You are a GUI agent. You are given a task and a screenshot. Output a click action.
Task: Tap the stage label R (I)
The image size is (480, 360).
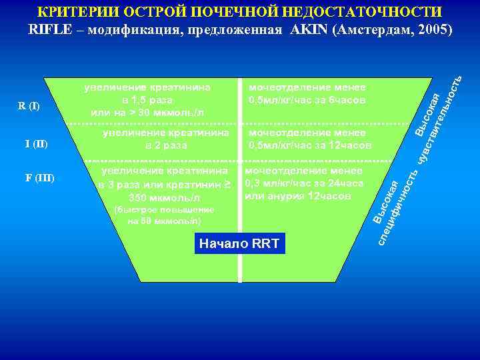[x=29, y=107]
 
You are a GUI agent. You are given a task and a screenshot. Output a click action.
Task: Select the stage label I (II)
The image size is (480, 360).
[x=36, y=144]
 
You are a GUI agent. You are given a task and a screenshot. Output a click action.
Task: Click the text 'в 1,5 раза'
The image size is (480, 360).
[x=147, y=100]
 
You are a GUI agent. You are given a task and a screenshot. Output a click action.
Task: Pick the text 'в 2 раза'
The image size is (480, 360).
[x=166, y=145]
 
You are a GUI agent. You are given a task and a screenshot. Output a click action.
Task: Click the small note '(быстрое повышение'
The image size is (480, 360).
[x=164, y=209]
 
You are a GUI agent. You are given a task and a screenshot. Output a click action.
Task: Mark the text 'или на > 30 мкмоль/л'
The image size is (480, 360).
[x=147, y=113]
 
